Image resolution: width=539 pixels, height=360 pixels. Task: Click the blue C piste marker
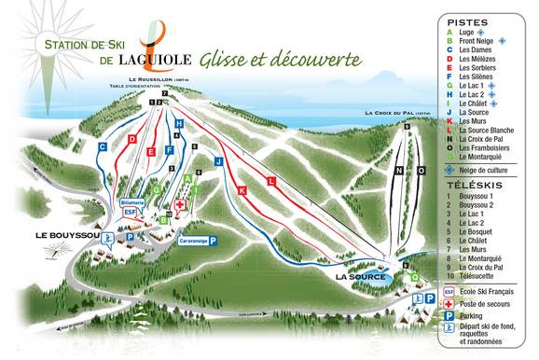point(102,146)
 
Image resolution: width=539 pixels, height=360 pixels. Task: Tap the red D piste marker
point(132,139)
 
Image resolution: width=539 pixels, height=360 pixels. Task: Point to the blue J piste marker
point(217,160)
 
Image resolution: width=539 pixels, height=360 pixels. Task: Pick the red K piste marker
point(242,190)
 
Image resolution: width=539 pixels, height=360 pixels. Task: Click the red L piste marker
point(271,179)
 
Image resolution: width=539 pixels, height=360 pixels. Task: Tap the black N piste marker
point(399,171)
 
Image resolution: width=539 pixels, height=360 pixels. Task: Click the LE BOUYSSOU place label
point(66,234)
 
